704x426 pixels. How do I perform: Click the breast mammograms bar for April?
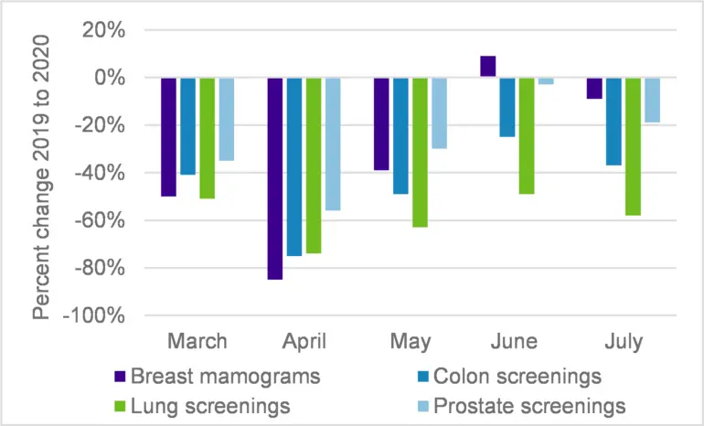(275, 178)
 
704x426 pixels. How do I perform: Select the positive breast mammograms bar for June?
(488, 67)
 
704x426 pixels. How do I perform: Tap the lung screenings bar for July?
(633, 147)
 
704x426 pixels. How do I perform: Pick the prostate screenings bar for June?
(546, 81)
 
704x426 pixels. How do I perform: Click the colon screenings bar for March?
(188, 126)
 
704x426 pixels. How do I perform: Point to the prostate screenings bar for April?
(333, 144)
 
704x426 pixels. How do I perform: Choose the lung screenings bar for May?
(421, 153)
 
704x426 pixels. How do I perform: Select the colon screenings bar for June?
(507, 107)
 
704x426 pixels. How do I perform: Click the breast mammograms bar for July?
(594, 89)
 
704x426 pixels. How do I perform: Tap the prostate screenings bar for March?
(227, 120)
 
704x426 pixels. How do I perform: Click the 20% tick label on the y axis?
(103, 30)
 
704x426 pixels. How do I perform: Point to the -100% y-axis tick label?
(94, 315)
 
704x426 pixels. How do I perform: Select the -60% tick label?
(100, 220)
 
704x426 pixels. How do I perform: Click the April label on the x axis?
(304, 341)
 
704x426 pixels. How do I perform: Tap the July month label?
(624, 342)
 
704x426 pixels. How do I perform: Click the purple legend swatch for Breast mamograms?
(121, 376)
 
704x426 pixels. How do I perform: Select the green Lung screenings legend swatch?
(121, 406)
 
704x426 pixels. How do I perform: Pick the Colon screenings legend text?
(517, 377)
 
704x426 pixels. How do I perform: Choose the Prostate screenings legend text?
(529, 407)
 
